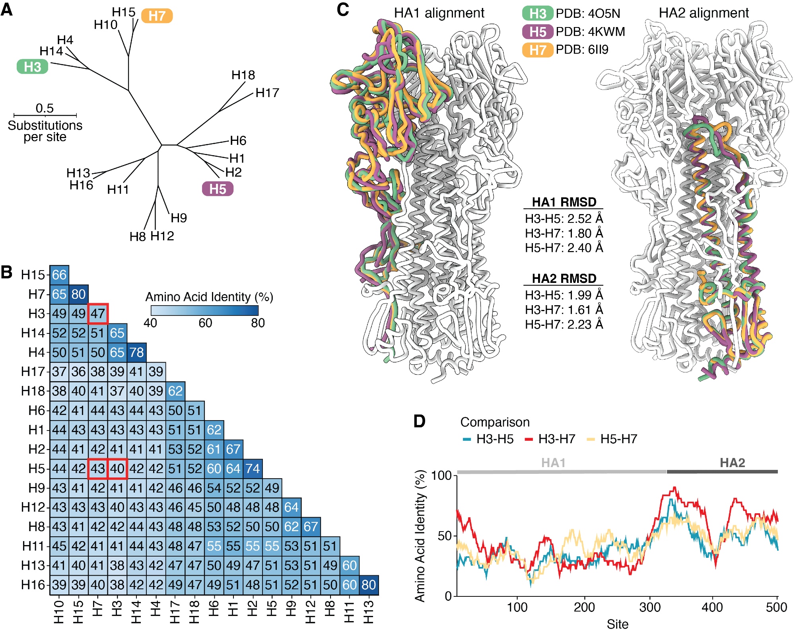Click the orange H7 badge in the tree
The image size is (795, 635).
(x=157, y=16)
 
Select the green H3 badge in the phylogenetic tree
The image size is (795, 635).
(x=32, y=67)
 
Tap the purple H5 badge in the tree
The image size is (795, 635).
(x=218, y=189)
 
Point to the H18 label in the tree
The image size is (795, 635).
(x=243, y=75)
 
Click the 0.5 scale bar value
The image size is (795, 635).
(x=45, y=108)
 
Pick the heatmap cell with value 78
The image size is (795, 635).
(x=136, y=353)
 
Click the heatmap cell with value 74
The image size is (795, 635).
(x=253, y=469)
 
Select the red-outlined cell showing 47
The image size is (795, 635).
(x=98, y=314)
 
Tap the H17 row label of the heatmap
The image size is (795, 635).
(x=33, y=372)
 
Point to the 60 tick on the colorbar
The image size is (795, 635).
(x=205, y=323)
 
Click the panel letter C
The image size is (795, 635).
(x=343, y=10)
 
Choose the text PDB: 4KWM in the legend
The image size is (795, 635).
(x=590, y=31)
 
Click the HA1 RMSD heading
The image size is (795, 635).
(x=564, y=202)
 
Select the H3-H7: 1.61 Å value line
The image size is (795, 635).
(x=564, y=310)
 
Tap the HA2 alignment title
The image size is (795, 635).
(x=704, y=13)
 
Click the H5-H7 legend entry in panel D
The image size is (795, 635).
(x=618, y=439)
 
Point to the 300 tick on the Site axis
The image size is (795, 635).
(x=650, y=607)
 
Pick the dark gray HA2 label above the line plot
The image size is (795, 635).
(x=732, y=463)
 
